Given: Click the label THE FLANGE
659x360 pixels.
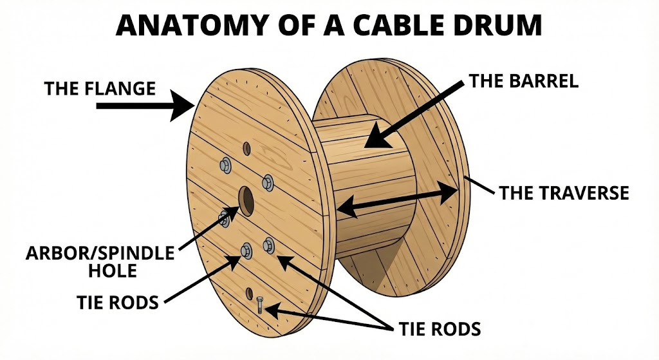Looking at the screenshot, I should (100, 88).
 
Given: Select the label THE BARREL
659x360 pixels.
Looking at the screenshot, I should (524, 81).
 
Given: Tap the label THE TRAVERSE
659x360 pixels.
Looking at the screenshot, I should (564, 193).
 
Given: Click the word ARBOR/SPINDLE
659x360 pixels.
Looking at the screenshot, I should (100, 253).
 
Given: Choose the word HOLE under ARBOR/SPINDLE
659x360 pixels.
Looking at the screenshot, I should (113, 270).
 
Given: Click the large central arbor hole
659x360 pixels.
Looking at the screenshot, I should (246, 200).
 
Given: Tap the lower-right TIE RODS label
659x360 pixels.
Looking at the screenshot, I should (439, 330).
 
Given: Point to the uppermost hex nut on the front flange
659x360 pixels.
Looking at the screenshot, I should (226, 164).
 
